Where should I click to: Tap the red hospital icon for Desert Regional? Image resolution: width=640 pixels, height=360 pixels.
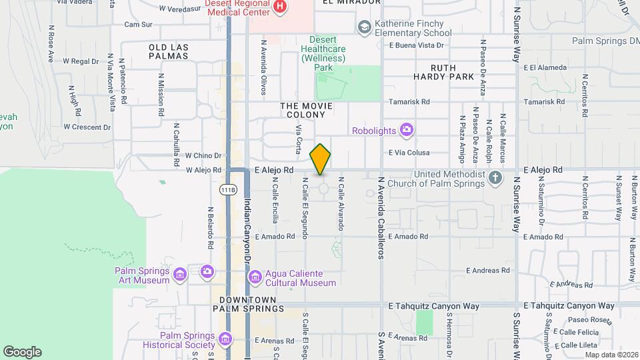pos(280,7)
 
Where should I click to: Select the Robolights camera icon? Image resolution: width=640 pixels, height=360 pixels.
pos(407,130)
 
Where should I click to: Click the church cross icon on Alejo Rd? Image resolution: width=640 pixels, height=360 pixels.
pos(495,178)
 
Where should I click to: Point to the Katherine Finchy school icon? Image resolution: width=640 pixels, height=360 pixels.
pos(364,27)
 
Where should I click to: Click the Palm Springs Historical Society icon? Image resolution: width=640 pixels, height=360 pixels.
pos(225,340)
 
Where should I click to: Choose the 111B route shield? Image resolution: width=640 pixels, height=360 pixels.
pos(227,190)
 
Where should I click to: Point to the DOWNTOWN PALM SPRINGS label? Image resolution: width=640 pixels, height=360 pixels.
pos(249,304)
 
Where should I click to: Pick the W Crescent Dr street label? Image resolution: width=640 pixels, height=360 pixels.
pos(87,127)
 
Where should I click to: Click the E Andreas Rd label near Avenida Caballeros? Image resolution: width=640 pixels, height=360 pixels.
pos(487,270)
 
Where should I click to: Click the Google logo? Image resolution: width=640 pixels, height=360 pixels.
pos(22,351)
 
